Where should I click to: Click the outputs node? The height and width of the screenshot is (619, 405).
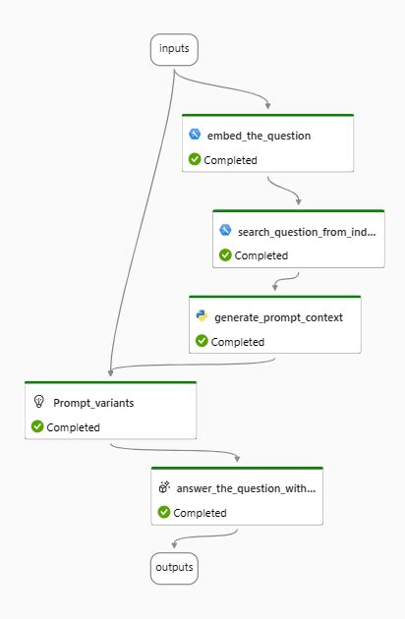173,567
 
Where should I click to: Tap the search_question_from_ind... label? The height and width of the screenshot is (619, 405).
308,231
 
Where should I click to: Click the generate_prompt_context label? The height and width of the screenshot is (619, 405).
278,317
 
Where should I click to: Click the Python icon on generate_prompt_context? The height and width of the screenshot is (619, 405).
202,316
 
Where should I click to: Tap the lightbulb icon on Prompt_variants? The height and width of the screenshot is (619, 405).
38,402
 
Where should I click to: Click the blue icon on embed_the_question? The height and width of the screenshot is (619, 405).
195,135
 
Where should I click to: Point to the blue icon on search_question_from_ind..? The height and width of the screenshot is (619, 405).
225,230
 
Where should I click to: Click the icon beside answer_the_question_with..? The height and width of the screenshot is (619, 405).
164,486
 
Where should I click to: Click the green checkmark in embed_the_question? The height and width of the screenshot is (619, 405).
195,159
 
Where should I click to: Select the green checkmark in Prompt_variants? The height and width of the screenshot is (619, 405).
37,426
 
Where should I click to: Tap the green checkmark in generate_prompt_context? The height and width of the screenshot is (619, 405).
202,341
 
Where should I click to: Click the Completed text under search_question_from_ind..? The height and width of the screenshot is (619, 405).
260,255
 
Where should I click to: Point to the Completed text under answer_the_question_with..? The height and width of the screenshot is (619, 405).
200,513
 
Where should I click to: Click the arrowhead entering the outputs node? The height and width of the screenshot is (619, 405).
173,548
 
